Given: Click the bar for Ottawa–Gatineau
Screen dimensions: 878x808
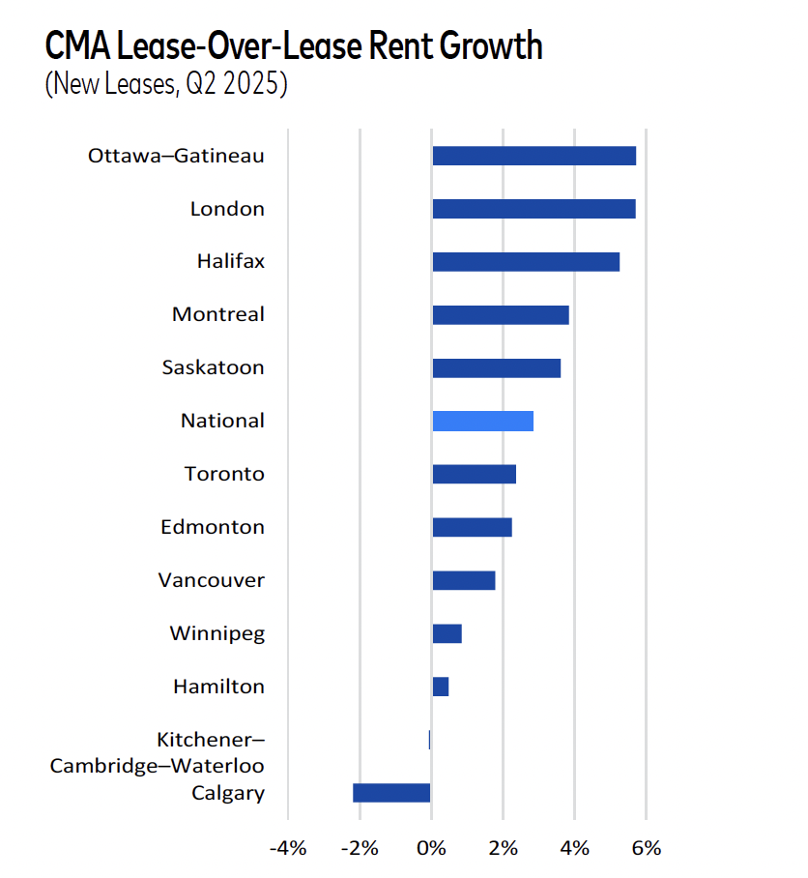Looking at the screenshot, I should (x=534, y=156).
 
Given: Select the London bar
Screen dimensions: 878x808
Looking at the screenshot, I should (x=534, y=209).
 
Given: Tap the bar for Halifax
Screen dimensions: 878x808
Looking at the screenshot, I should (x=525, y=262).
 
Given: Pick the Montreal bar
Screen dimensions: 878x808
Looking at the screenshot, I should (x=500, y=314).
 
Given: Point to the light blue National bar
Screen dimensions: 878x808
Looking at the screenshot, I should (x=482, y=421).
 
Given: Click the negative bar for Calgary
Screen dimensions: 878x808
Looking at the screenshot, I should (x=391, y=793).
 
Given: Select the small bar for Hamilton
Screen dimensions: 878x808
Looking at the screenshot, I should (x=440, y=687).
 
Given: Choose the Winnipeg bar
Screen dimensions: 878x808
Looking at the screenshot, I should (x=447, y=633).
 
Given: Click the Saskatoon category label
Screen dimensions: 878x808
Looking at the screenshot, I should (x=213, y=367).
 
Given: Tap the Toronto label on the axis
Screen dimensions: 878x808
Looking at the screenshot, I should (x=224, y=474).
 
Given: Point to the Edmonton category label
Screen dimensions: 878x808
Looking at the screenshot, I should (x=213, y=527).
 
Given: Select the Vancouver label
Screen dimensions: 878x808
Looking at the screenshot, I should (x=212, y=580).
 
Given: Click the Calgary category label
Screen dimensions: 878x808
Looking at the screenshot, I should (x=228, y=793).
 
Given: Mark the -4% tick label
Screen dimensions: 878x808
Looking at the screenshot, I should (x=287, y=849).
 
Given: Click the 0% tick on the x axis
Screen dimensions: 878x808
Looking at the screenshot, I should (x=431, y=849).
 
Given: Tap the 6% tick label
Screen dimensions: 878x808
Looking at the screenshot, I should (x=646, y=849).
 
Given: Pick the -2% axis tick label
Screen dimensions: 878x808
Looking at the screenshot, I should (x=359, y=849).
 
